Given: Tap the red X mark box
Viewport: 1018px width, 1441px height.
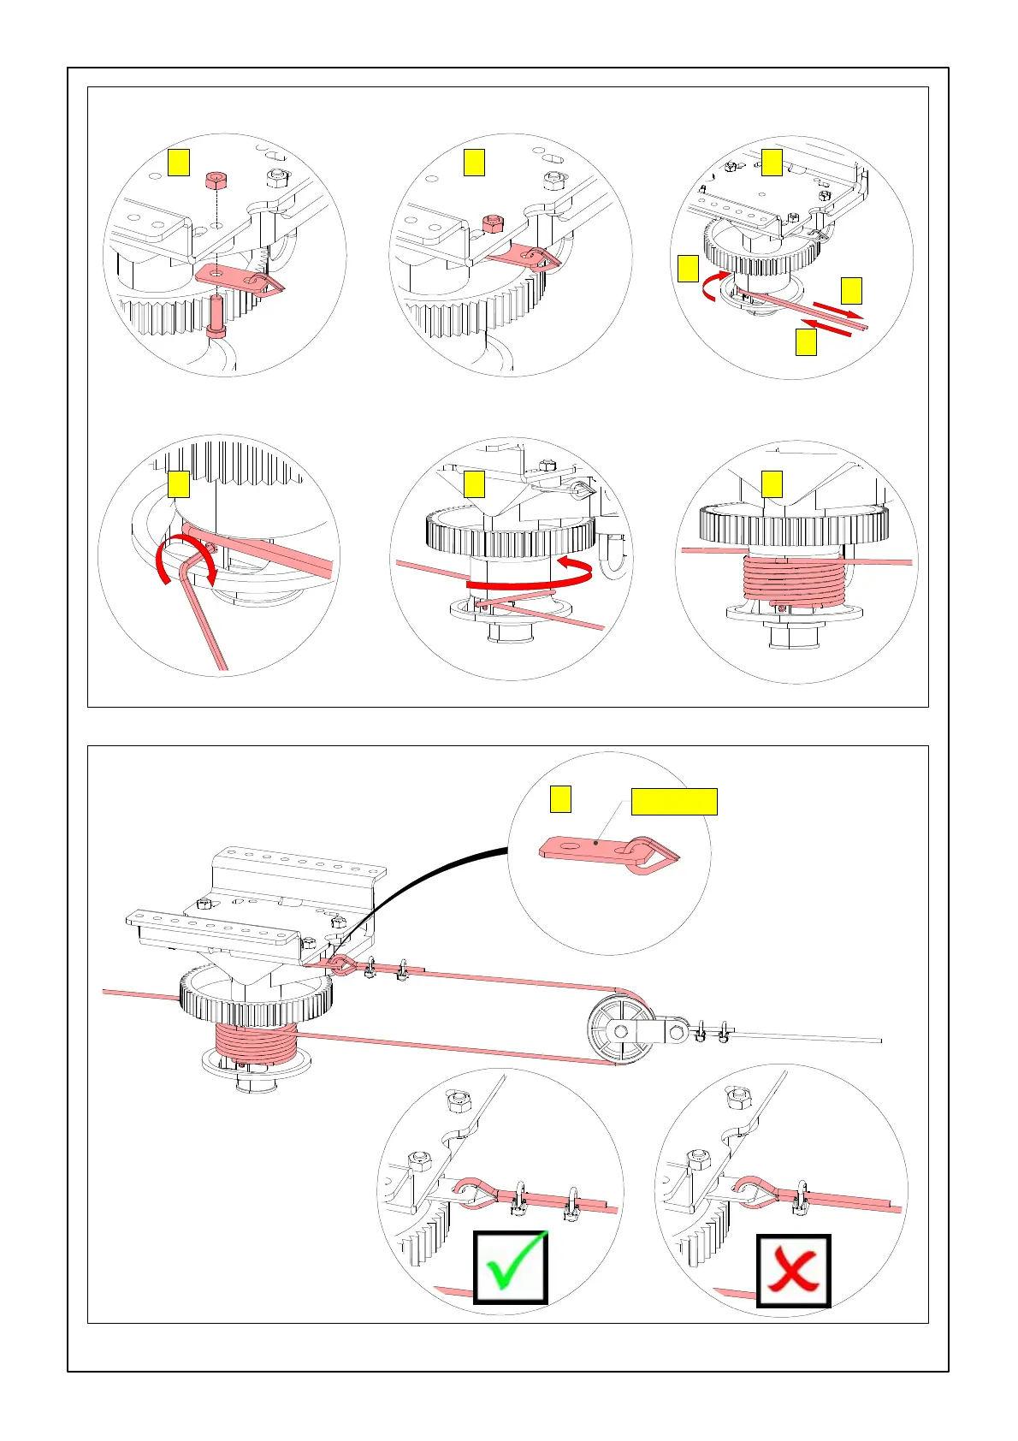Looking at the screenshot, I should click(793, 1270).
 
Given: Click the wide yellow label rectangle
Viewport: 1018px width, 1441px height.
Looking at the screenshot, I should click(673, 802).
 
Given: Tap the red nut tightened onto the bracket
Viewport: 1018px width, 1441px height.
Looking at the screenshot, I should click(492, 224).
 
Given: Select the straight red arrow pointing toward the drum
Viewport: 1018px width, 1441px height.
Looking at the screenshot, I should click(826, 329).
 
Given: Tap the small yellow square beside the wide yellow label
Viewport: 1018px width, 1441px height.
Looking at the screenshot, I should click(560, 799).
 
